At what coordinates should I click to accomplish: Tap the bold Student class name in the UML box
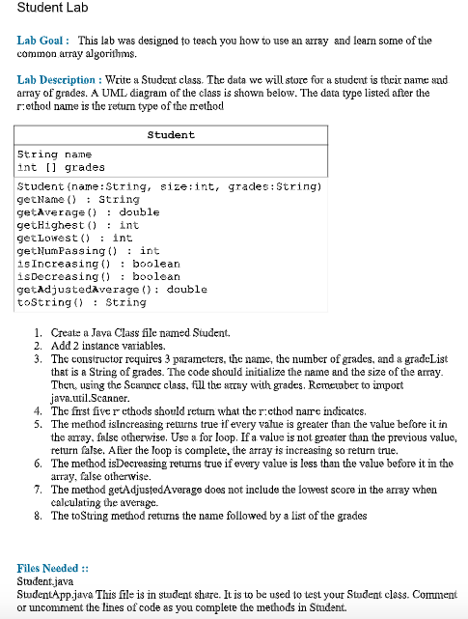pos(171,135)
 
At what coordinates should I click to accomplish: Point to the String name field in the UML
pos(55,155)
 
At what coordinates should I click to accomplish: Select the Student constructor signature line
pos(170,186)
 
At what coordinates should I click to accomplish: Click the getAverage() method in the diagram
pos(75,212)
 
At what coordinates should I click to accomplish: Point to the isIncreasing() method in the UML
pos(98,264)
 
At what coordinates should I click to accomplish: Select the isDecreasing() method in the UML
pos(98,276)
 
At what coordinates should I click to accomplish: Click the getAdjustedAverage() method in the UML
pos(113,290)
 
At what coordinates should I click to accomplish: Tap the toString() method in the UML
pos(69,302)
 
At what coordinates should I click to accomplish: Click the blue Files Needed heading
pos(53,570)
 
